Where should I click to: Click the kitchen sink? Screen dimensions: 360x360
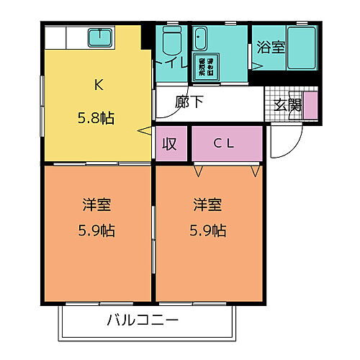point(99,37)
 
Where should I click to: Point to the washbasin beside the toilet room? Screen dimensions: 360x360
point(199,39)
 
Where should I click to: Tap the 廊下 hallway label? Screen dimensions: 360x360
point(189,101)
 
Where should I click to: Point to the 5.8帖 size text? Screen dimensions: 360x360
point(97,117)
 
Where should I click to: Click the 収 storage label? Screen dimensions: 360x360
point(169,143)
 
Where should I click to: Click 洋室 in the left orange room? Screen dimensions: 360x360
point(97,205)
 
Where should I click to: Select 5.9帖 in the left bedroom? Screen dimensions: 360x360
point(97,231)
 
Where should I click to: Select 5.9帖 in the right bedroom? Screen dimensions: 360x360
point(208,231)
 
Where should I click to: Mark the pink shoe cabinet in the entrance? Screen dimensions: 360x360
point(310,104)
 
